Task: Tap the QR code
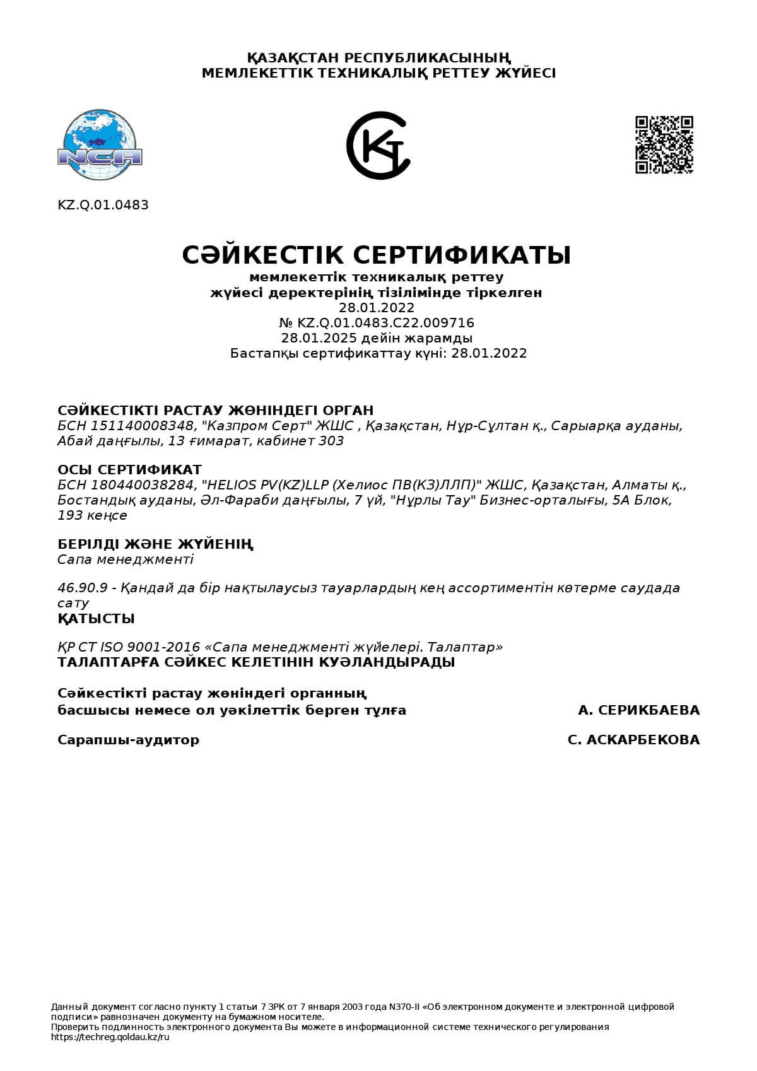tap(664, 144)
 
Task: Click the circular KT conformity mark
tap(378, 146)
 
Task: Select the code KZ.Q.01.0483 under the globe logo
tap(103, 205)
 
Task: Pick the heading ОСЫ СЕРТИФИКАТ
tap(129, 470)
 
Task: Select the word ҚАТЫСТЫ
tap(96, 619)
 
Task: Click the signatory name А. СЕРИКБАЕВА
tap(638, 710)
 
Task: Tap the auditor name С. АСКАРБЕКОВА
tap(633, 740)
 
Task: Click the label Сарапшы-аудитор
tap(128, 740)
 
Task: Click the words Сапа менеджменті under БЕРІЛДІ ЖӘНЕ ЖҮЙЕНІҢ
tap(125, 559)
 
